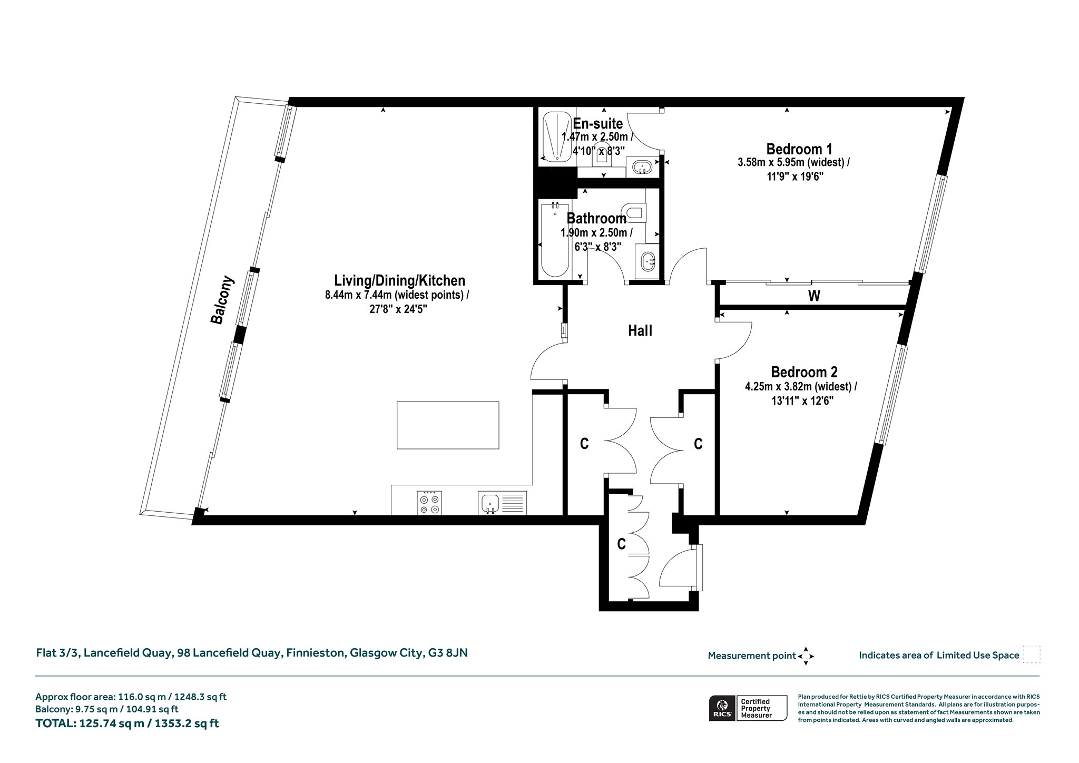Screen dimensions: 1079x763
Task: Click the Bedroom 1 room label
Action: coord(799,149)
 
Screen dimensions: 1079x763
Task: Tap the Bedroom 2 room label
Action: coord(804,372)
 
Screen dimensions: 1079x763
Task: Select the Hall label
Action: coord(640,330)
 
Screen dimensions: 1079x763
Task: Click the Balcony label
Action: coord(222,300)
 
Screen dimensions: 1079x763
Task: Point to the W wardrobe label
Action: coord(814,296)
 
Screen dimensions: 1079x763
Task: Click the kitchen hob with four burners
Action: coord(429,503)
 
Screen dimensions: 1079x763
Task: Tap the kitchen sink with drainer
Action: coord(503,503)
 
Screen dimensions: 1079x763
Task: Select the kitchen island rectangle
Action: coord(448,425)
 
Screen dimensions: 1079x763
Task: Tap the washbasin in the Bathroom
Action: coord(648,261)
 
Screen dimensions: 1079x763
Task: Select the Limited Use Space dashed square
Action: coord(1032,654)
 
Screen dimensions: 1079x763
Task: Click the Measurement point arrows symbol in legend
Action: coord(806,656)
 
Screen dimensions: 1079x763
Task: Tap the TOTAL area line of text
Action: coord(127,723)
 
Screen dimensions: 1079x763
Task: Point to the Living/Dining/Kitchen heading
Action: coord(400,280)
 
